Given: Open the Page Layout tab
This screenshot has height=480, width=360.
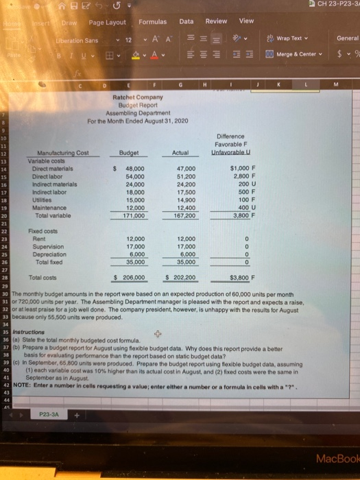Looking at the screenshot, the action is click(106, 23).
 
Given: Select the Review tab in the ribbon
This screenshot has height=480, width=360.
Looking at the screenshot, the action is click(216, 21).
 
